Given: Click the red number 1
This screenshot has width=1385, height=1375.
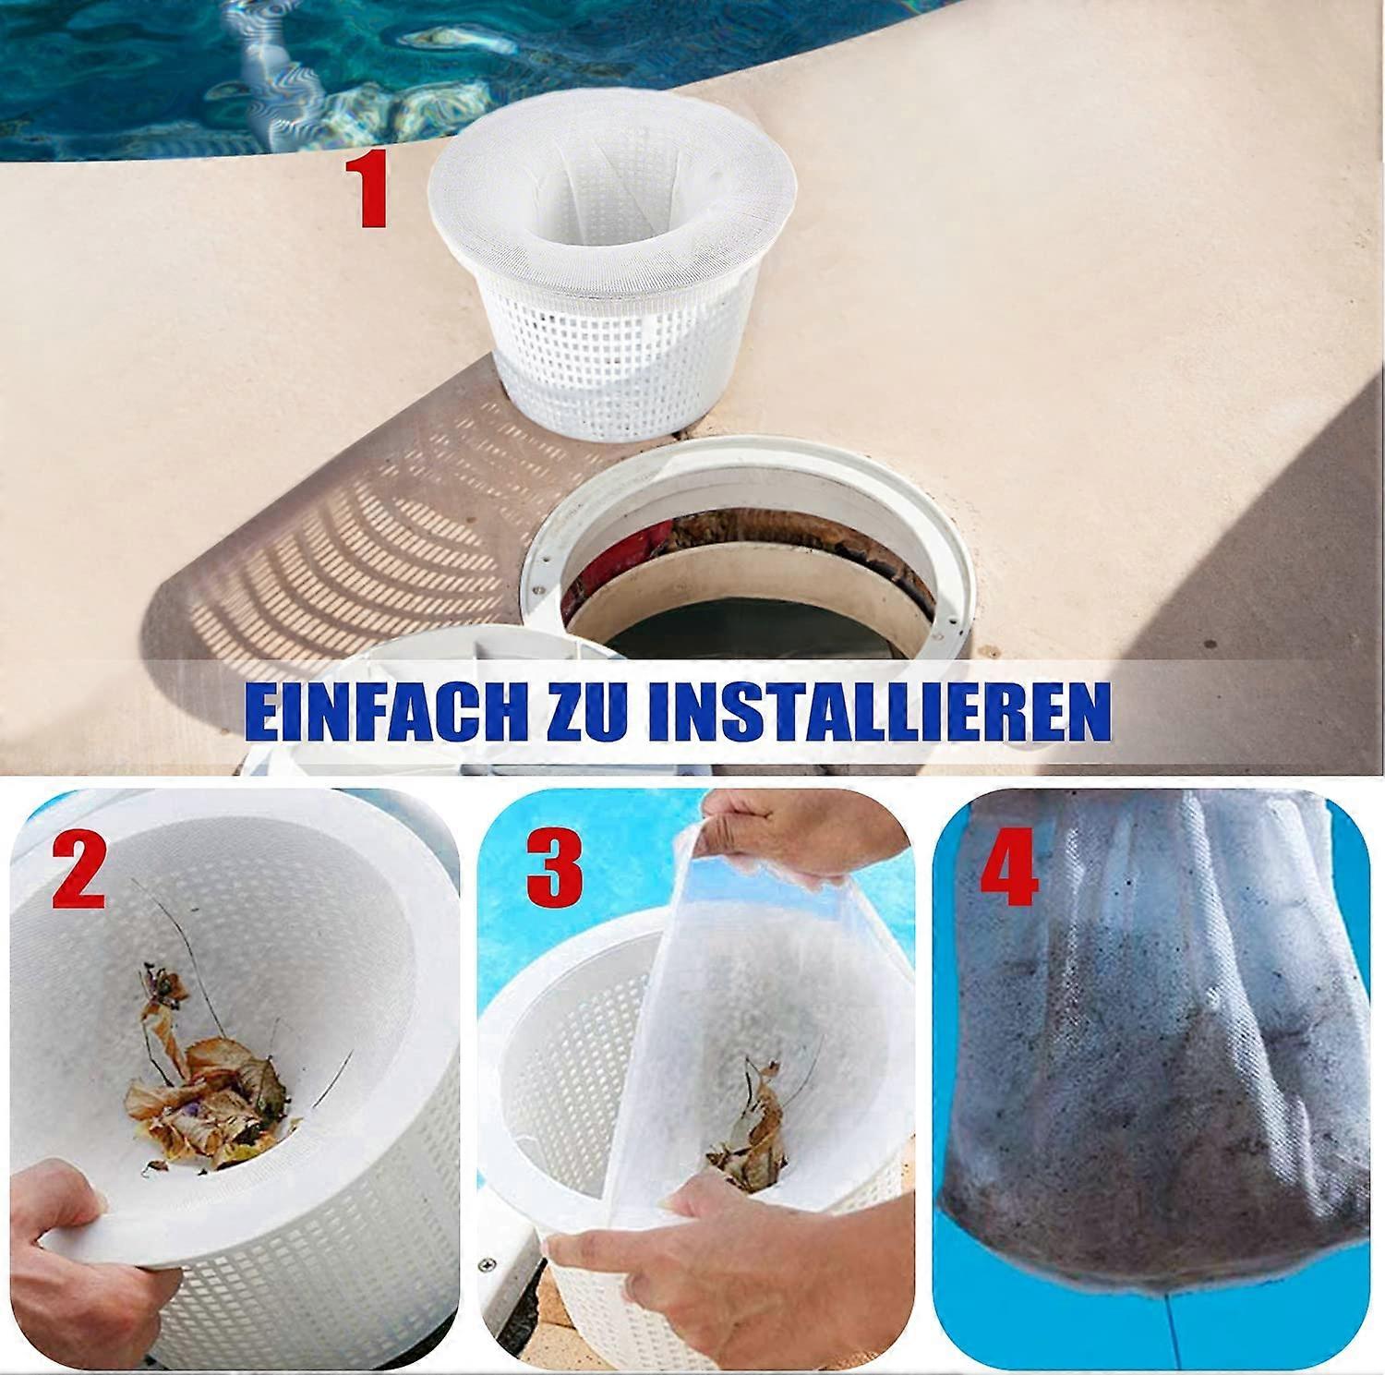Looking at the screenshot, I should pos(372,191).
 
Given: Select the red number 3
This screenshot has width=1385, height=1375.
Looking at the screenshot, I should pos(555,870).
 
